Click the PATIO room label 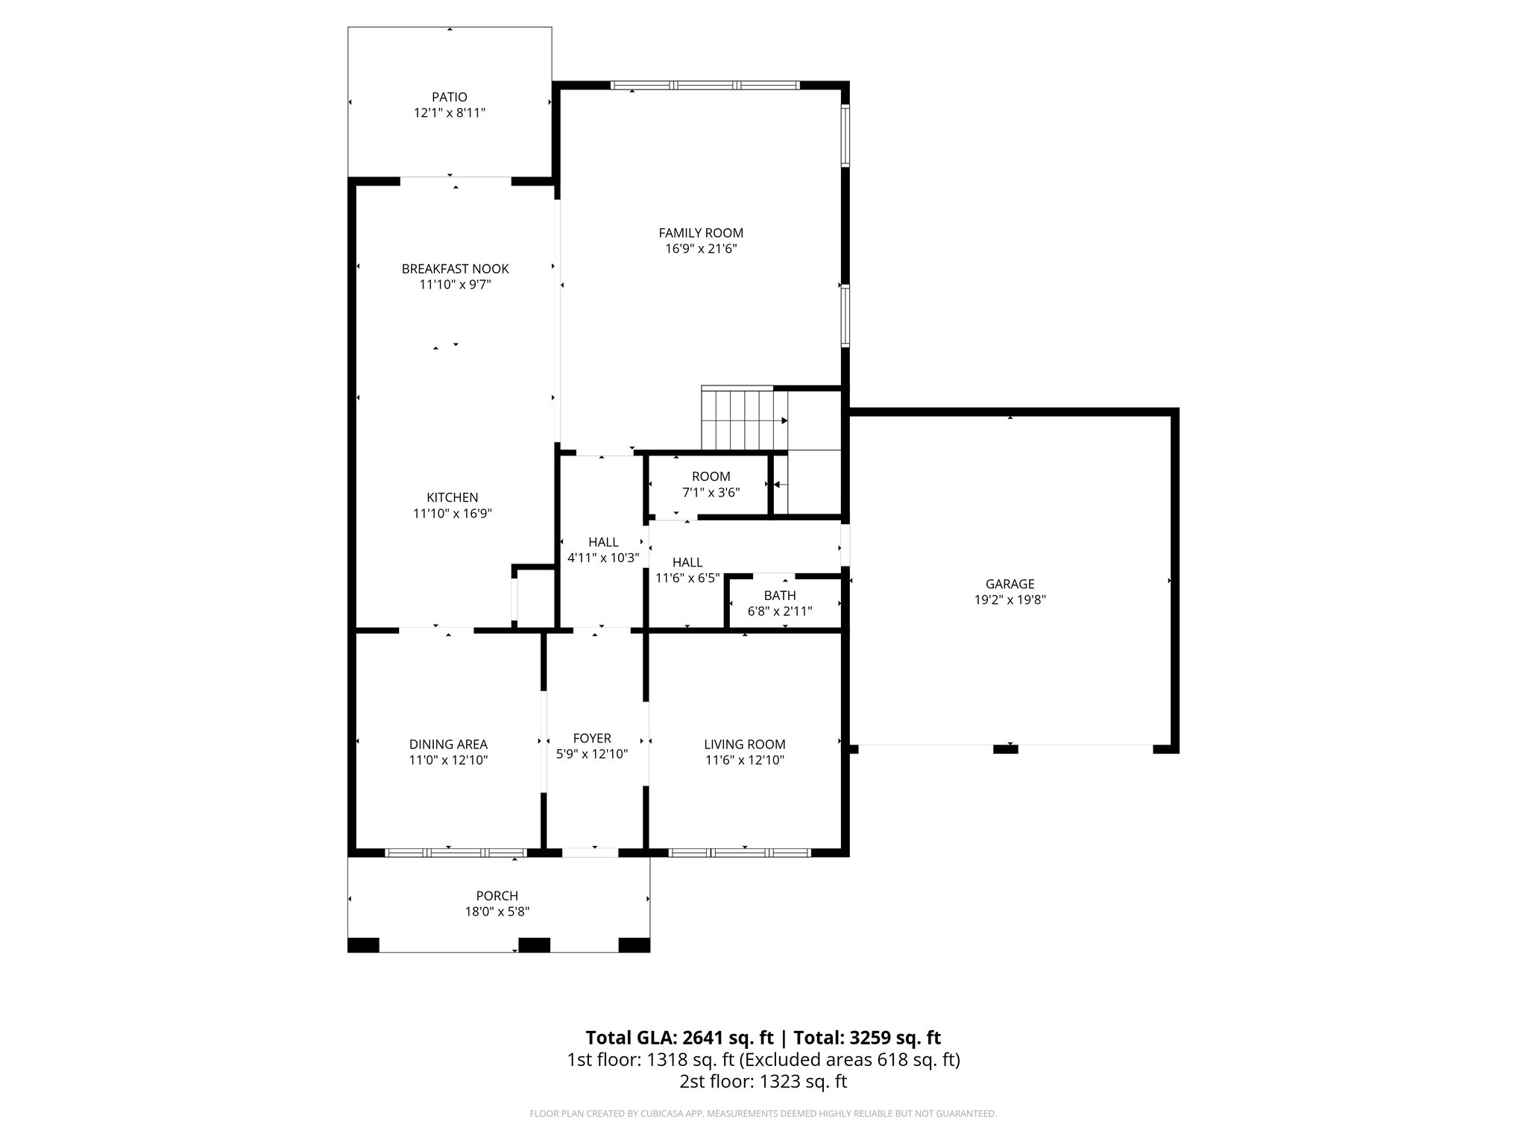click(450, 97)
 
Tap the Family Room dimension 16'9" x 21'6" click(701, 249)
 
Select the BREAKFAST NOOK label click(455, 268)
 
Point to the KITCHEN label click(452, 497)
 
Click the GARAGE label click(1010, 584)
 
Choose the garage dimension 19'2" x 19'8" click(1010, 600)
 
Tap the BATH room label click(780, 596)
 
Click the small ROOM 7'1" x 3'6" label click(711, 477)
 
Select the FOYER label click(592, 738)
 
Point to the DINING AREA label click(448, 744)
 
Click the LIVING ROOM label click(744, 744)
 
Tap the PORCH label click(497, 896)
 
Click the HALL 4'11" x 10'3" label click(603, 542)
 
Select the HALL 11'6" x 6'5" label click(687, 563)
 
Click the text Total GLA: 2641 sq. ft click(679, 1038)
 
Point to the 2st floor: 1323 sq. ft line click(763, 1082)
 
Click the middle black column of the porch click(534, 945)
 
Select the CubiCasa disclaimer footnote click(763, 1114)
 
